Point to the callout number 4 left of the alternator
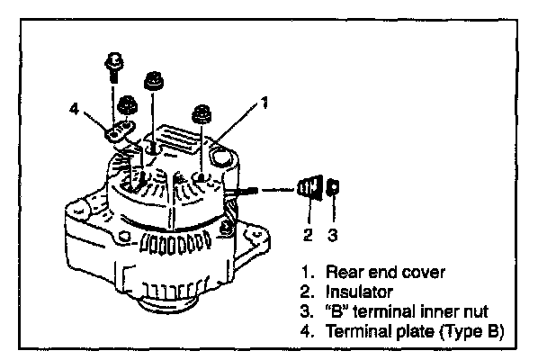coord(74,111)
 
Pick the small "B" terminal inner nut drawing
coord(332,187)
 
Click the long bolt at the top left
coord(114,67)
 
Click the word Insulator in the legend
coord(355,291)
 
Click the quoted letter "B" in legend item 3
coord(336,311)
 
